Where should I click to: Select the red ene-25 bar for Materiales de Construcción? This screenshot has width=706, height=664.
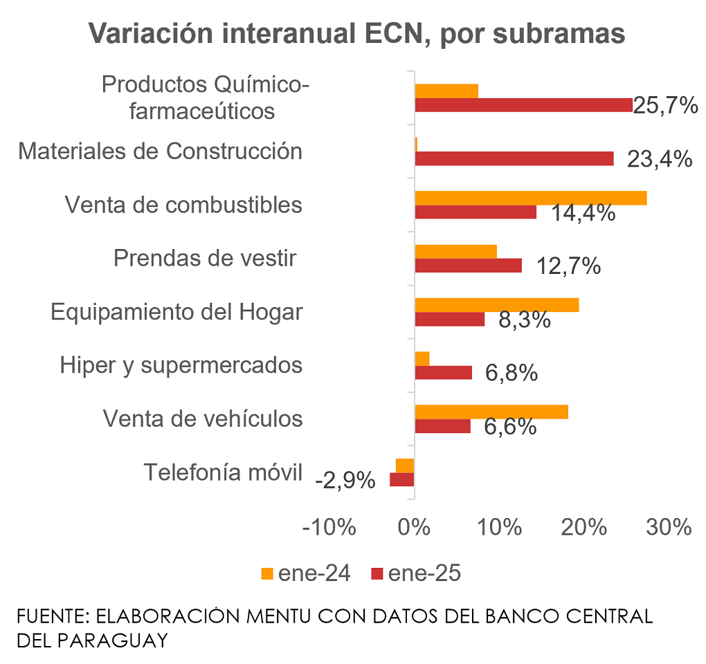coord(514,158)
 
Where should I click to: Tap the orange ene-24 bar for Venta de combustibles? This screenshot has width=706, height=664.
coord(530,198)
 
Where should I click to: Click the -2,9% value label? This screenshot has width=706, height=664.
coord(345,480)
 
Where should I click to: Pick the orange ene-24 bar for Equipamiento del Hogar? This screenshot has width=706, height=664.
coord(496,305)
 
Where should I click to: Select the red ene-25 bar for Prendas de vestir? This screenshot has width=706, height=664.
coord(468,266)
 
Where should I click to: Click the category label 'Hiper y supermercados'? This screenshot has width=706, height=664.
coord(181,365)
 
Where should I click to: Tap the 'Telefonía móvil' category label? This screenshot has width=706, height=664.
coord(223,473)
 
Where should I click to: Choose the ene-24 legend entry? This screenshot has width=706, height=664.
coord(305,573)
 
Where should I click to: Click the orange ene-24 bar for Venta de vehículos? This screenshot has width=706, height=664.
coord(491,412)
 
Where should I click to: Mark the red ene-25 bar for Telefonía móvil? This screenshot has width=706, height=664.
coord(402,479)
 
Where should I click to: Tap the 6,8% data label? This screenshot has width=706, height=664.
coord(512,373)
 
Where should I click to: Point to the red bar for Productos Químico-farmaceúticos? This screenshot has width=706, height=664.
coord(523,105)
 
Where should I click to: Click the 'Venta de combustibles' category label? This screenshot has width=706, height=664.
coord(183,205)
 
